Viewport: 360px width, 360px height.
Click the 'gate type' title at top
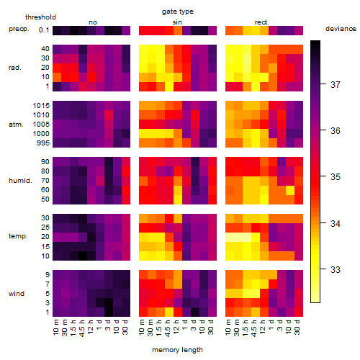click(x=178, y=12)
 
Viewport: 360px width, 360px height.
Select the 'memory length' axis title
click(x=177, y=350)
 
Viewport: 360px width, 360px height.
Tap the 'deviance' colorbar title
click(x=341, y=29)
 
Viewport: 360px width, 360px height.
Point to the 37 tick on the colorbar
click(x=323, y=84)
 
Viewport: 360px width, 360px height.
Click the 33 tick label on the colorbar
click(x=336, y=269)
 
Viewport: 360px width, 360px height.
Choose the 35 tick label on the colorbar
click(x=336, y=177)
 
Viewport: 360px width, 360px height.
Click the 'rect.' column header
click(x=261, y=22)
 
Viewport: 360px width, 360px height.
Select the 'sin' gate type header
click(x=177, y=22)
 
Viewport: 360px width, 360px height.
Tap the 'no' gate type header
click(x=93, y=22)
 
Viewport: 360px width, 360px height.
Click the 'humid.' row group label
click(x=20, y=181)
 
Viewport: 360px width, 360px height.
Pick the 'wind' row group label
click(x=17, y=294)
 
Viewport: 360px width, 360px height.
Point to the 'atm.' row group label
click(x=16, y=125)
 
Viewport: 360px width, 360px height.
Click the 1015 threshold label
click(x=41, y=106)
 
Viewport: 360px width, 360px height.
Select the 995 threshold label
click(x=43, y=143)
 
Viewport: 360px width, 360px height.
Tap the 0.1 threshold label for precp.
click(x=44, y=30)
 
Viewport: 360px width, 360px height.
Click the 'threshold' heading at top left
click(x=40, y=17)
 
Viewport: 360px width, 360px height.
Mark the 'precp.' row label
click(x=19, y=29)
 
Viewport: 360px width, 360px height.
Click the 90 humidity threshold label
click(x=45, y=162)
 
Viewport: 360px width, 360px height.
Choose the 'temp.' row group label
click(x=18, y=236)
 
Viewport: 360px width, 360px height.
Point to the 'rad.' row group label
click(x=15, y=68)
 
